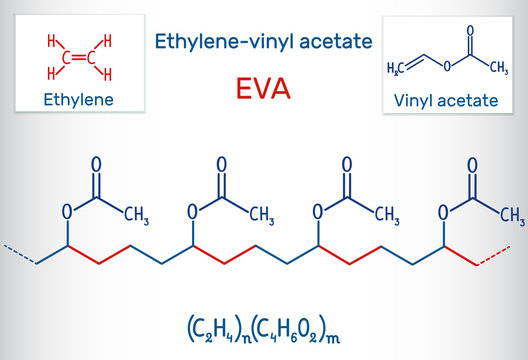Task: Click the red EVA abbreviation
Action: (x=264, y=89)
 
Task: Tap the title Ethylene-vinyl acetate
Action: (x=264, y=41)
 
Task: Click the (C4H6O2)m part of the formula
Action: (x=296, y=327)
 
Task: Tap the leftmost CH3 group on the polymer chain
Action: (x=136, y=217)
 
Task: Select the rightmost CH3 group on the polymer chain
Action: (x=512, y=217)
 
